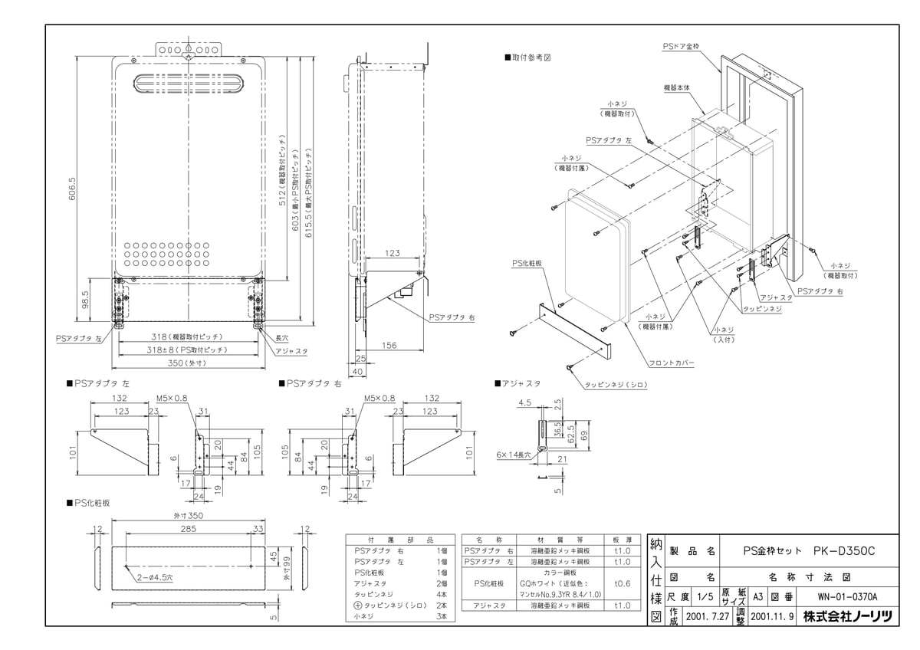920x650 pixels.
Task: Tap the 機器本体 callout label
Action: point(678,88)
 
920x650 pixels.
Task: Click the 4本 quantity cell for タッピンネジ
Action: point(441,594)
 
